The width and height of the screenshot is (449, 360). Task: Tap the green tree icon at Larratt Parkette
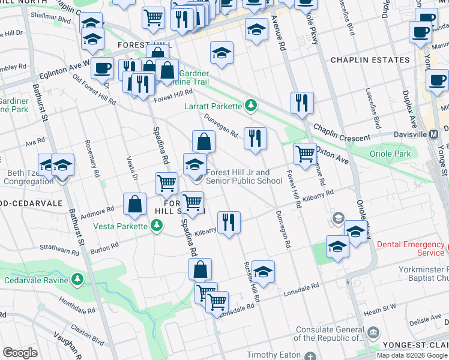tap(252, 106)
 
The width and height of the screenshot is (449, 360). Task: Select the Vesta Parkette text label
tap(120, 226)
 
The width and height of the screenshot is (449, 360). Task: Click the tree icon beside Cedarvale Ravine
tap(77, 280)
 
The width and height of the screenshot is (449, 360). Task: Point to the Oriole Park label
tap(391, 154)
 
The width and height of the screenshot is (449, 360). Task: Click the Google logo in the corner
tap(20, 353)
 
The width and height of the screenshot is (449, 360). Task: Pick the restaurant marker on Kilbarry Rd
tap(229, 223)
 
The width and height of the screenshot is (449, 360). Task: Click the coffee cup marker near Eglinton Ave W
tap(102, 68)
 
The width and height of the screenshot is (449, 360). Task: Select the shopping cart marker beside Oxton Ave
tap(305, 154)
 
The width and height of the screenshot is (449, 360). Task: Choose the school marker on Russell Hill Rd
tap(262, 272)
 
